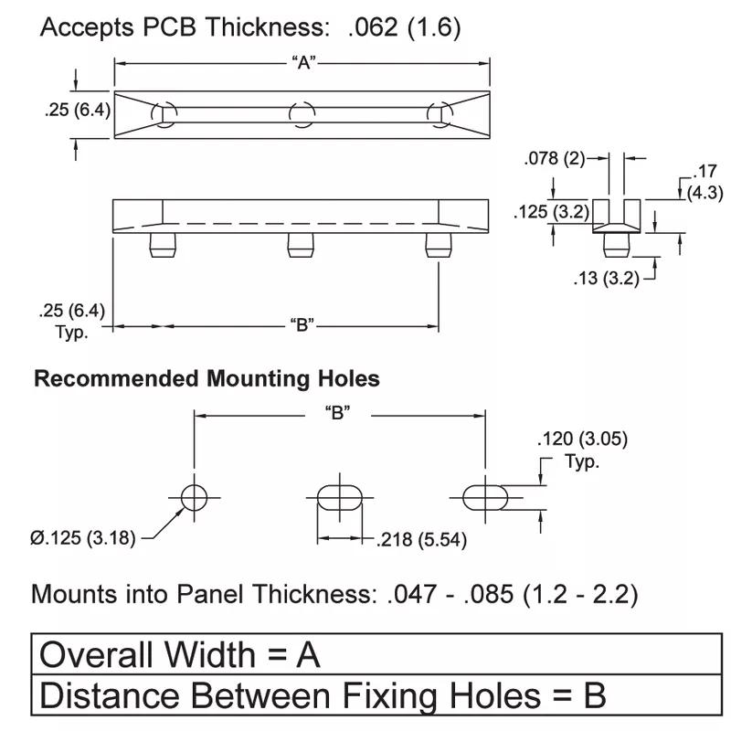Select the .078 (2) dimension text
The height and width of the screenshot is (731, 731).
click(x=554, y=158)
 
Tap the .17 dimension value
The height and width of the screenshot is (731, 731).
click(x=705, y=171)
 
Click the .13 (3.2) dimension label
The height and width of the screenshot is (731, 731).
click(x=606, y=278)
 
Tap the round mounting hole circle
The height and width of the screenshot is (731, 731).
click(x=194, y=498)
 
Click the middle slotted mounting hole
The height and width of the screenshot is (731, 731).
click(x=340, y=498)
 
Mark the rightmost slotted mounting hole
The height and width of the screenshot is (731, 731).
click(x=485, y=498)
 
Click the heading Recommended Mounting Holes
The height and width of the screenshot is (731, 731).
click(x=207, y=378)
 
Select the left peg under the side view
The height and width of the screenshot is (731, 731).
click(x=164, y=244)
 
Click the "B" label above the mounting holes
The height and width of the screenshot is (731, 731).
click(x=338, y=413)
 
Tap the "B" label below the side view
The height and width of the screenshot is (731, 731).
click(x=302, y=324)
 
